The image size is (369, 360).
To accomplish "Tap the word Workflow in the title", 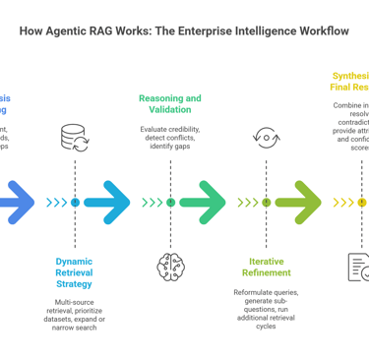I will (314, 31).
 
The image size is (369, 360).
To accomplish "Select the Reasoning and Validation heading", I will (169, 104).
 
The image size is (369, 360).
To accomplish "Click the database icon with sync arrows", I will (74, 137).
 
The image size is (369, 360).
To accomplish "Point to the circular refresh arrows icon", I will (266, 137).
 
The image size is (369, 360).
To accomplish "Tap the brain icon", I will (170, 267).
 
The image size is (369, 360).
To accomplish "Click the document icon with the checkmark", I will (359, 267).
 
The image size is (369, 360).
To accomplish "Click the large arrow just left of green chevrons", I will (108, 203).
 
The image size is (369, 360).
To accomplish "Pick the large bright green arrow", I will (204, 203).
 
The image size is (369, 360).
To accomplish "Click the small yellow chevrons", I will (343, 203).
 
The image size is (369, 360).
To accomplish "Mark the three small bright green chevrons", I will (152, 203).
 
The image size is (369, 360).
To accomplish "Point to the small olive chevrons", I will (247, 203).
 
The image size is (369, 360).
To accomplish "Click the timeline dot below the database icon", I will (75, 203).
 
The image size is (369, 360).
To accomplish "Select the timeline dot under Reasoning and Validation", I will (170, 203).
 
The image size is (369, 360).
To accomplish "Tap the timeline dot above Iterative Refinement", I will (266, 203).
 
